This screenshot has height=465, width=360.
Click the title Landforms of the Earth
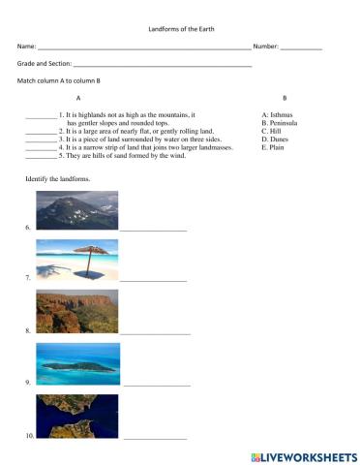[x=180, y=30]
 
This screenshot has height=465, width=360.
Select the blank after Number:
[x=301, y=47]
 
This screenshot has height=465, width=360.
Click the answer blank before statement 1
[x=40, y=116]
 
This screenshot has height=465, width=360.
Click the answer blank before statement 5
[x=40, y=156]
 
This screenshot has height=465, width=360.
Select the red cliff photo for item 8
[x=77, y=311]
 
